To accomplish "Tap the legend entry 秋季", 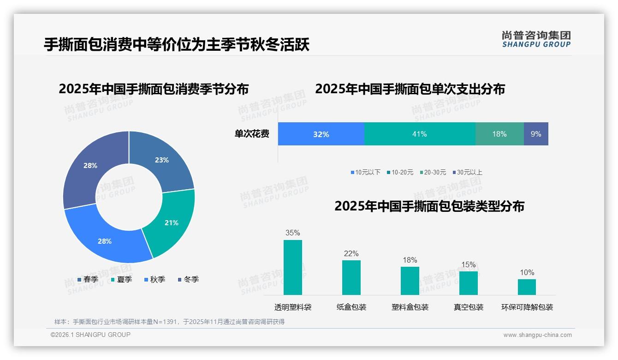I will [x=154, y=279].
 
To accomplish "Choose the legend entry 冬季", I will [x=188, y=279].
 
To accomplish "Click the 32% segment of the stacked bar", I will [x=321, y=134].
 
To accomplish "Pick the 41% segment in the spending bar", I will [x=419, y=134].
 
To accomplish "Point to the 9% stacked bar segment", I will [x=536, y=134].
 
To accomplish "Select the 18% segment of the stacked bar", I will [x=499, y=134].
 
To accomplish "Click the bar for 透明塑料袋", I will [x=293, y=267].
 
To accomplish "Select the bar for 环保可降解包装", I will [x=527, y=287].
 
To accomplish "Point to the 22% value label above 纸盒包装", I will [x=351, y=253].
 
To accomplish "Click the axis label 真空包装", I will [x=469, y=307].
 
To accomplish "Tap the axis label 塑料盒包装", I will [x=410, y=307].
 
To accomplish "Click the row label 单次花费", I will [x=252, y=134].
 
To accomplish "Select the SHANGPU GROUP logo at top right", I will [x=536, y=39].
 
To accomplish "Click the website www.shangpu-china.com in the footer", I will [x=537, y=335].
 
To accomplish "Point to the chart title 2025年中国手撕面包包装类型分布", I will [x=429, y=206].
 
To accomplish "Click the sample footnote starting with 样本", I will [x=169, y=322].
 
